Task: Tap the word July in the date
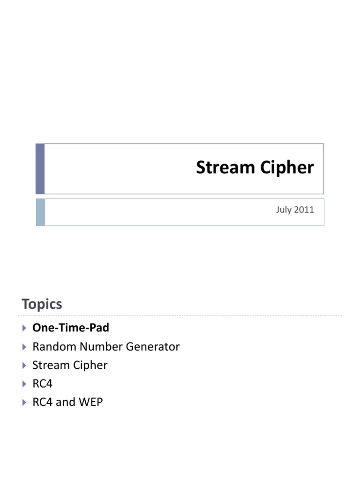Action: coord(284,210)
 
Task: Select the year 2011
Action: coord(304,210)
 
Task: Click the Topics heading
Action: coord(42,304)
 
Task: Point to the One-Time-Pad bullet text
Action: coord(70,328)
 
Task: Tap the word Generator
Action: coord(153,347)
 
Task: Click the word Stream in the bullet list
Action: coord(50,365)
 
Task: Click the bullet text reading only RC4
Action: coord(42,384)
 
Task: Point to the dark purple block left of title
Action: coord(40,169)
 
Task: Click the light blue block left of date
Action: coord(40,212)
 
